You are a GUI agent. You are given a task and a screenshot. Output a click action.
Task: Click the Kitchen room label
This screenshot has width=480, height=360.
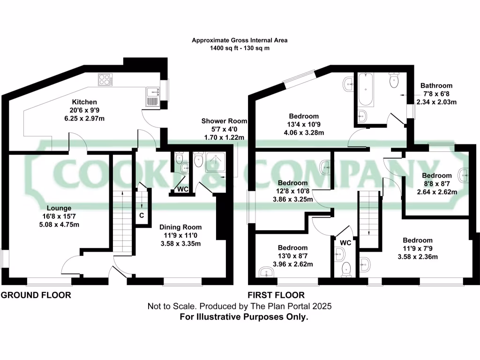(84, 102)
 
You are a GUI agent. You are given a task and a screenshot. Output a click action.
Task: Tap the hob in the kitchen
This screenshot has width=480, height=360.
(105, 80)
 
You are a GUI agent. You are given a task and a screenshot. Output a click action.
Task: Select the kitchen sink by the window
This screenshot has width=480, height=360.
(152, 97)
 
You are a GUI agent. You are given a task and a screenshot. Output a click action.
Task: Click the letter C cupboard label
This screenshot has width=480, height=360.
(141, 216)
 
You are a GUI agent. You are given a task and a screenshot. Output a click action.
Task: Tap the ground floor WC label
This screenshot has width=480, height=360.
(183, 190)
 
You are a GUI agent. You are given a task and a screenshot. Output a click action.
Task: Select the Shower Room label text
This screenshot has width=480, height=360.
(224, 121)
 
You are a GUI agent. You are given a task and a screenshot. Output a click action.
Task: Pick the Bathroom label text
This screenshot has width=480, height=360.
(436, 86)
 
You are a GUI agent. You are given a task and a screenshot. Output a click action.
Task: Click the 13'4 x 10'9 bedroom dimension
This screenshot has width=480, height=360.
(304, 124)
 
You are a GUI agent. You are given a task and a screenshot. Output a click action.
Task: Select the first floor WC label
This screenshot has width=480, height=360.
(345, 243)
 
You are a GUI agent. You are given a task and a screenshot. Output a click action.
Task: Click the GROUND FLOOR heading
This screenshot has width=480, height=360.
(36, 295)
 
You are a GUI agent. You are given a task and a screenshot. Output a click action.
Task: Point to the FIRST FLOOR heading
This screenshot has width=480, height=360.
(276, 295)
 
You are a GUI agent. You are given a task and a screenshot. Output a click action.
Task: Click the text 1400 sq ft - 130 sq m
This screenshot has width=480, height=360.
(240, 48)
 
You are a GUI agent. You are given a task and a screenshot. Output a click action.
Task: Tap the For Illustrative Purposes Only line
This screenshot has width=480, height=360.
(244, 317)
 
